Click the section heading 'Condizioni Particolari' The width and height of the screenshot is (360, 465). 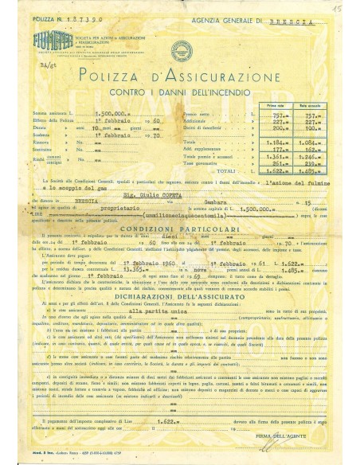(x=181, y=230)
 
